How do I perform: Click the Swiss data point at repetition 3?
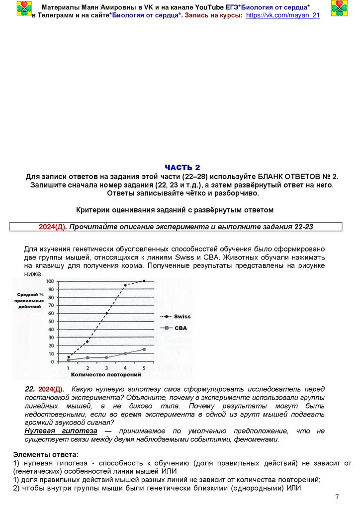(x=106, y=314)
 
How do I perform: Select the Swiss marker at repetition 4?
(x=125, y=285)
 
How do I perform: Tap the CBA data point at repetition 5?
(x=144, y=349)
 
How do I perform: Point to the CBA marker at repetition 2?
(x=87, y=357)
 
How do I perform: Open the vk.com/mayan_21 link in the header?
(x=283, y=15)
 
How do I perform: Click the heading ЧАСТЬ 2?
(x=182, y=168)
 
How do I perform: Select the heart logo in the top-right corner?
(x=340, y=8)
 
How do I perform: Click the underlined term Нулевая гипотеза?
(x=61, y=431)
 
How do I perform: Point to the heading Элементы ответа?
(x=45, y=454)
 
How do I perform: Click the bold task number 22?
(x=29, y=389)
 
